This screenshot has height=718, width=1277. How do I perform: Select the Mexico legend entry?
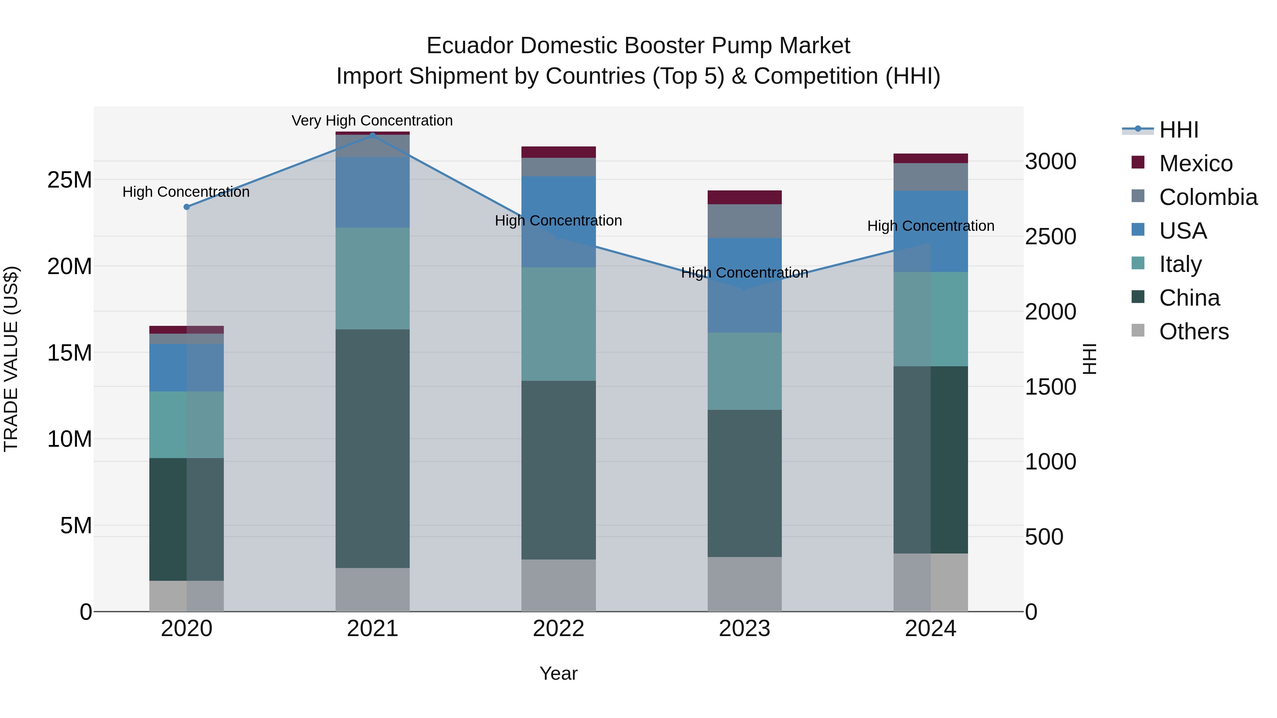click(1195, 163)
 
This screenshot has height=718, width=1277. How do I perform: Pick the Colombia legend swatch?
click(1138, 196)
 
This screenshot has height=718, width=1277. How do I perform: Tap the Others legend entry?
click(1194, 332)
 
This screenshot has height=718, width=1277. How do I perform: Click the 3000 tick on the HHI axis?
click(1050, 162)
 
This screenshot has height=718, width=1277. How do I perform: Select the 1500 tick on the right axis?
click(1050, 387)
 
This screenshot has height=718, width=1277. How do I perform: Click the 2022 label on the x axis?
click(558, 629)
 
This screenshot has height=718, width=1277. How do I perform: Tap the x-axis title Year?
click(558, 673)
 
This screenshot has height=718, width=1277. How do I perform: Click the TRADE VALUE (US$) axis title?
click(11, 359)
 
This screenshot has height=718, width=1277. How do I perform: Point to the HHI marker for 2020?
click(186, 207)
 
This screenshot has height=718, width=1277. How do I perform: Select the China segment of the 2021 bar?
click(372, 449)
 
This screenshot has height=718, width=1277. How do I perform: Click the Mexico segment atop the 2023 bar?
click(744, 197)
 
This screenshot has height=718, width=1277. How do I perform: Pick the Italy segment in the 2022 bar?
click(558, 324)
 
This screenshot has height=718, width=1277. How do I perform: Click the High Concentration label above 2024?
click(930, 226)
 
